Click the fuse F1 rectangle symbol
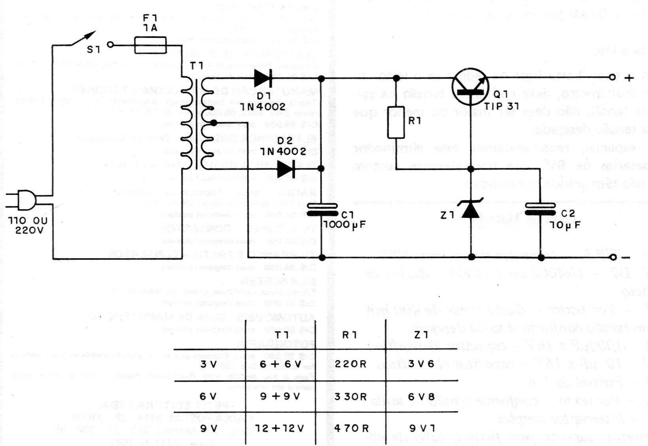pos(150,45)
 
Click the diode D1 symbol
pos(262,78)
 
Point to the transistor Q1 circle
pos(470,87)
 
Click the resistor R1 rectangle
pos(396,122)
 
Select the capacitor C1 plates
pos(322,210)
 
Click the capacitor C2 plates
pos(540,210)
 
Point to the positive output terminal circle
pos(612,77)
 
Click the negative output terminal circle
pos(613,258)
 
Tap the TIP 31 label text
pos(501,106)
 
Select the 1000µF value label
pos(344,225)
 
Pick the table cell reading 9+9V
pos(281,396)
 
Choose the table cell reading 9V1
pos(421,428)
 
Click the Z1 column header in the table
pos(421,335)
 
